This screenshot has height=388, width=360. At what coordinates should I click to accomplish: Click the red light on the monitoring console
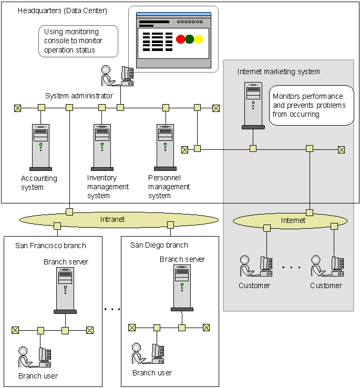(181, 39)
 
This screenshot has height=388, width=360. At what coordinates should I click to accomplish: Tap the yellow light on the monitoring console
(198, 39)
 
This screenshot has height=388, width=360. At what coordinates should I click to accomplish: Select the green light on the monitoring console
(189, 39)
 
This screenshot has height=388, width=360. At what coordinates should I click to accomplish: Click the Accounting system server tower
(40, 147)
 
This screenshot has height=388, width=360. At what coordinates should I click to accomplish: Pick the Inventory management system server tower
(102, 147)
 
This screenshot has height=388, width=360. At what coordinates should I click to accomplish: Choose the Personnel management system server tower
(165, 147)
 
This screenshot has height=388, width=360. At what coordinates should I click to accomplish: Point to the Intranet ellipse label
(112, 219)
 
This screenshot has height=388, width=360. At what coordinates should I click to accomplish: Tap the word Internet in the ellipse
(293, 220)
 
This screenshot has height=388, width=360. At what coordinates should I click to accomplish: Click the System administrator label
(79, 96)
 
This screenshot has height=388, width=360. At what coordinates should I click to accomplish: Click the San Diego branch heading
(159, 245)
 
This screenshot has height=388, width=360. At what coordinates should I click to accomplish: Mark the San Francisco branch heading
(50, 245)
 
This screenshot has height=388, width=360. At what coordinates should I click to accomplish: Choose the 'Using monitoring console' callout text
(74, 41)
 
